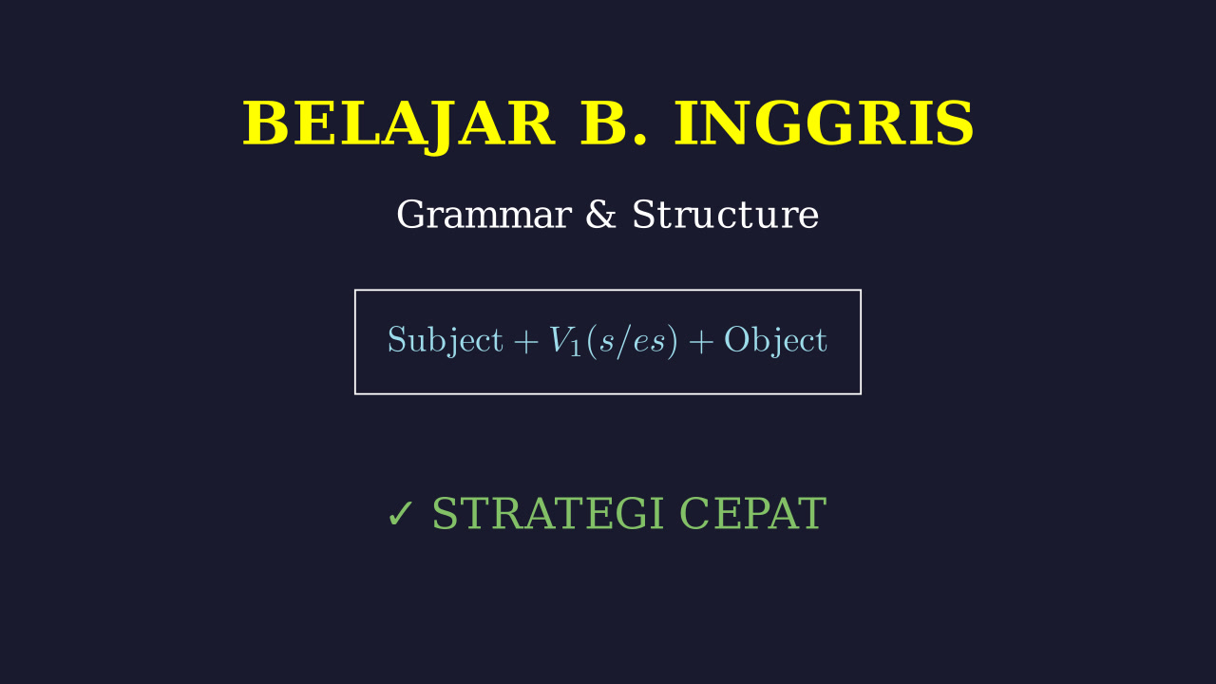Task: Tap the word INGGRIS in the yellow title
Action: coord(824,123)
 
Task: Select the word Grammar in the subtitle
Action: coord(484,215)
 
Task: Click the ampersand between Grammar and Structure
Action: coord(601,215)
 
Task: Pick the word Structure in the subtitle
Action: coord(725,215)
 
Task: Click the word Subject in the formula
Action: coord(446,340)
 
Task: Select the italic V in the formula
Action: coord(560,339)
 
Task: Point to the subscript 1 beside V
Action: coord(576,348)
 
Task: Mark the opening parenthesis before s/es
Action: coord(592,341)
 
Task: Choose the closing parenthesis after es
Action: coord(673,341)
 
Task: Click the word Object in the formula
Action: coord(776,340)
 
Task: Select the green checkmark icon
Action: coord(401,514)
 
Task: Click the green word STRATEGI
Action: coord(548,513)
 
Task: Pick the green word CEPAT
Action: coord(753,513)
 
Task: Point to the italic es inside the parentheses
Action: coord(649,343)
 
